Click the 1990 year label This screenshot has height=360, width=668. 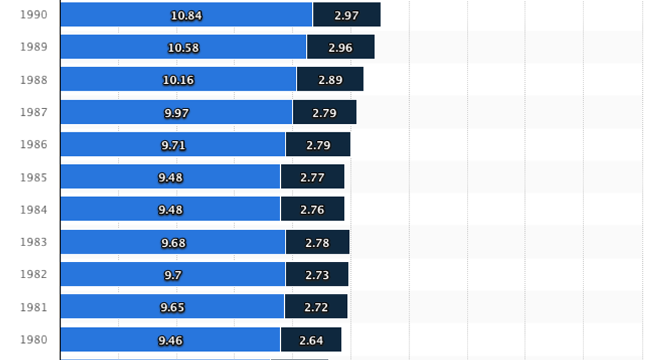tap(33, 14)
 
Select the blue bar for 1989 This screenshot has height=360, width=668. tap(123, 47)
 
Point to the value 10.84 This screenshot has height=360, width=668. tap(186, 15)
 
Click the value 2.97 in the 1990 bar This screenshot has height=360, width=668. tap(346, 15)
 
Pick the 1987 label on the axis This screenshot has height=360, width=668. tap(33, 112)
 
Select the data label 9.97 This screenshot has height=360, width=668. tap(176, 112)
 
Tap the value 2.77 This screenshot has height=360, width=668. tap(312, 177)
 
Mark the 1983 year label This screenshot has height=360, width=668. tap(33, 242)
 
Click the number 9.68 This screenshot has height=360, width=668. tap(173, 243)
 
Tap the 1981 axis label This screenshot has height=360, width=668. tap(33, 307)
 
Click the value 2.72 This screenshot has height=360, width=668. tap(316, 307)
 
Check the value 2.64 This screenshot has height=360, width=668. tap(311, 340)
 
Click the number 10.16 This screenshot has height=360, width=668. tap(178, 80)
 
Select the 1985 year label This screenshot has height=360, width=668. tap(33, 177)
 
